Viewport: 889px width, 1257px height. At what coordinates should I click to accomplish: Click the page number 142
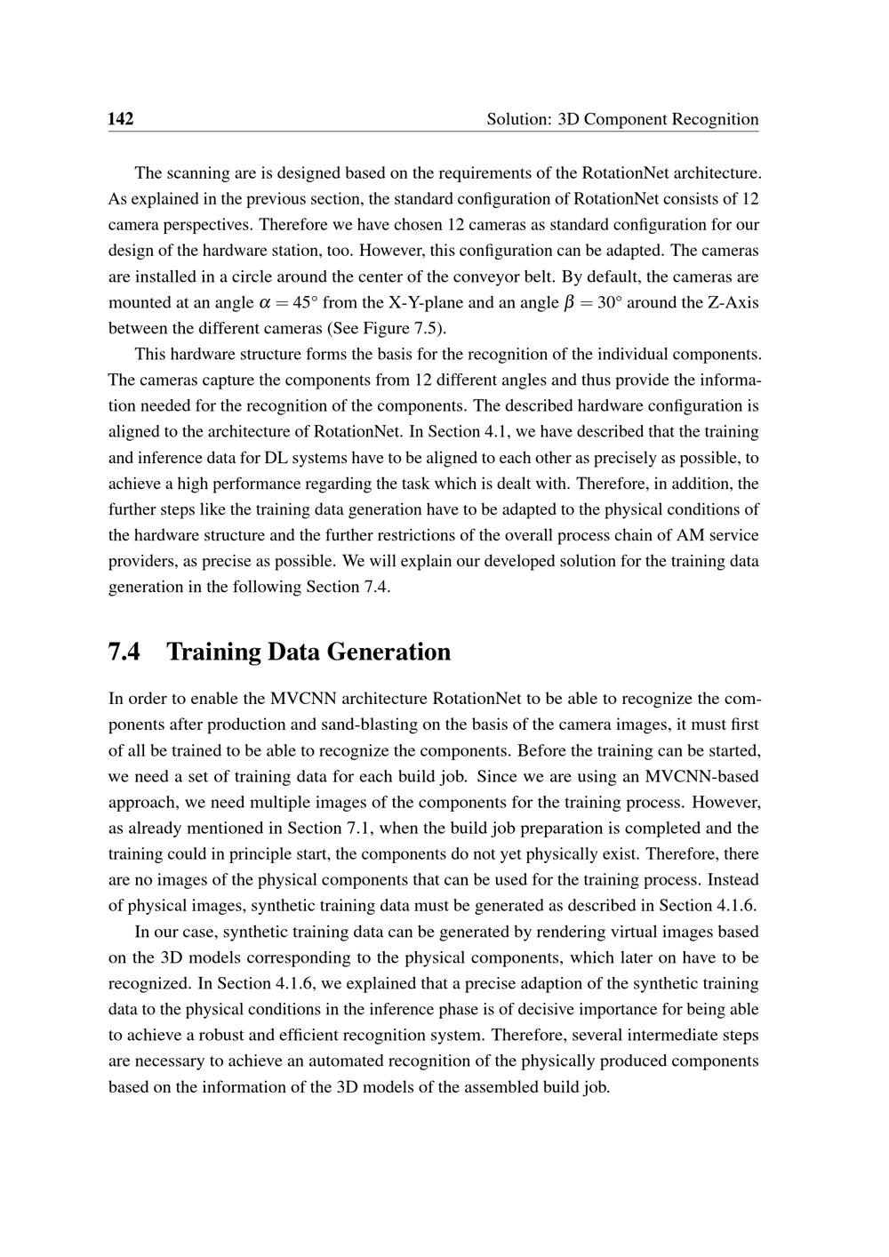point(120,119)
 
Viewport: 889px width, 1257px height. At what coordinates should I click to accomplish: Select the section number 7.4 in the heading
point(124,653)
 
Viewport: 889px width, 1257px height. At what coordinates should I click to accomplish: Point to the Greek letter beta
point(570,303)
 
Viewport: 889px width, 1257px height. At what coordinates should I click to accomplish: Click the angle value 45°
point(305,303)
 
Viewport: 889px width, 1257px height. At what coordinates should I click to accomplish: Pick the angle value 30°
point(610,303)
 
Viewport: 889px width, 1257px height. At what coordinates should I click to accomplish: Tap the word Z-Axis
point(733,303)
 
